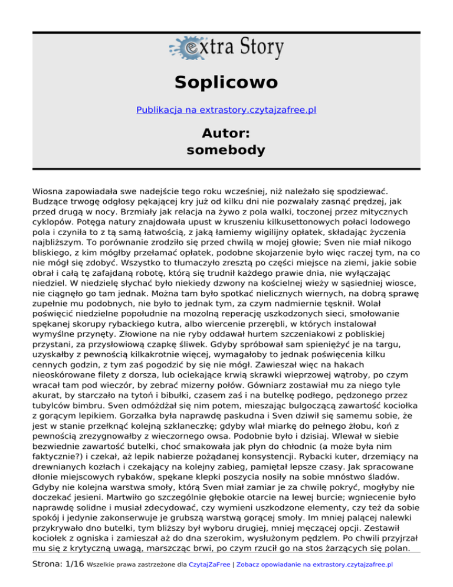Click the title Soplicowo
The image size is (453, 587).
pyautogui.click(x=226, y=81)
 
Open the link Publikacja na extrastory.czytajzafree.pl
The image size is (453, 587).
pyautogui.click(x=226, y=110)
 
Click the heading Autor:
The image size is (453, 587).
pyautogui.click(x=226, y=131)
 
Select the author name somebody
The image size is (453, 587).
pyautogui.click(x=226, y=150)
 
